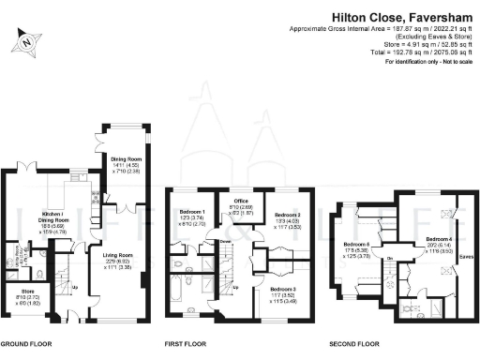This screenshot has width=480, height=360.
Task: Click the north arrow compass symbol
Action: [26, 41]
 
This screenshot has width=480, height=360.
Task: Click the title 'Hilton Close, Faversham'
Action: [402, 17]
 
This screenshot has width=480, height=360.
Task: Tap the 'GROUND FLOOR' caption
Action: [27, 343]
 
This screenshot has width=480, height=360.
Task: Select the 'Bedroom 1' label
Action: [191, 212]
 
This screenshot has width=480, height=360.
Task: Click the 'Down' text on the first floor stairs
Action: [226, 241]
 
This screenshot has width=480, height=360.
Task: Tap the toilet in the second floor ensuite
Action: [407, 307]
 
